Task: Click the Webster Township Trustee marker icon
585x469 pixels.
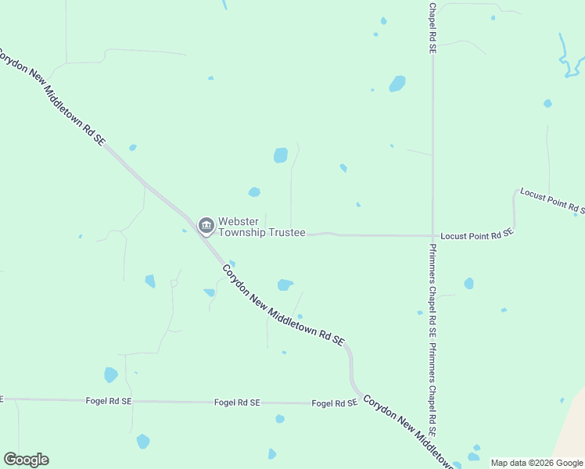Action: (206, 226)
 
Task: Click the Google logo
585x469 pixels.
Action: (26, 460)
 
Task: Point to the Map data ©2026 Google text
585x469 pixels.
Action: (537, 463)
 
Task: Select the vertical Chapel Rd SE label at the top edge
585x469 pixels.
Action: (432, 27)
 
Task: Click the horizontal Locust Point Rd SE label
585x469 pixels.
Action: (476, 234)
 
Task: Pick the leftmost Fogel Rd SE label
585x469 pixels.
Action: (109, 400)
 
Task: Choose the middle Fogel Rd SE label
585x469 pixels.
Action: (237, 402)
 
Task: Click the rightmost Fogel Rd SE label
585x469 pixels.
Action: (334, 403)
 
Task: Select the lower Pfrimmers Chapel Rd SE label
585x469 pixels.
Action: (432, 388)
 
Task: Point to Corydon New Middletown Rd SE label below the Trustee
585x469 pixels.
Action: (283, 306)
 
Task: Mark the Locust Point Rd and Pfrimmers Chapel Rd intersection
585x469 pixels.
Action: (432, 234)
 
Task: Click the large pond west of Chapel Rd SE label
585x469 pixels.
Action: (398, 84)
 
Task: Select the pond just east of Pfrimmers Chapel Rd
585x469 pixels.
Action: (468, 283)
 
